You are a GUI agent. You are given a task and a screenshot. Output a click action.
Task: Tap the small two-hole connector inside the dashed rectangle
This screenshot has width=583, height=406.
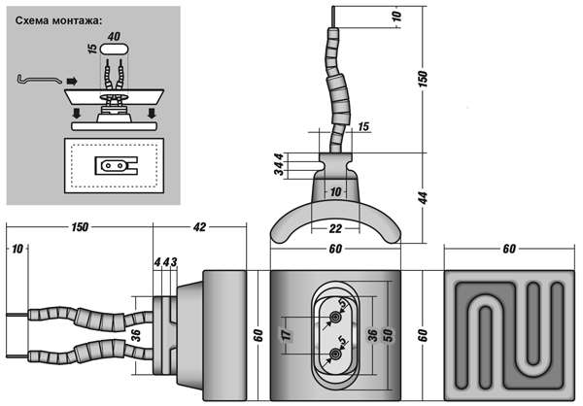[114, 165]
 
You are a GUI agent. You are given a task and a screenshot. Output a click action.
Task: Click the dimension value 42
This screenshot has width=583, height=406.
[199, 227]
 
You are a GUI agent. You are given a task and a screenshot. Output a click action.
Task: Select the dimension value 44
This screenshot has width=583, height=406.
[423, 197]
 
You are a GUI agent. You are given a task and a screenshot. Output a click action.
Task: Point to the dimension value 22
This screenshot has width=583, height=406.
[335, 228]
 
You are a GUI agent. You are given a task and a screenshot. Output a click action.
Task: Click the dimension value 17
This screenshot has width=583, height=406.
[285, 335]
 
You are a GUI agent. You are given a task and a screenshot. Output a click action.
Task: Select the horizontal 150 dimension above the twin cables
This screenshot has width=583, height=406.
[81, 227]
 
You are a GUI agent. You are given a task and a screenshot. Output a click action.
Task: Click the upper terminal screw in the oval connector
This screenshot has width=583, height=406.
[336, 317]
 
